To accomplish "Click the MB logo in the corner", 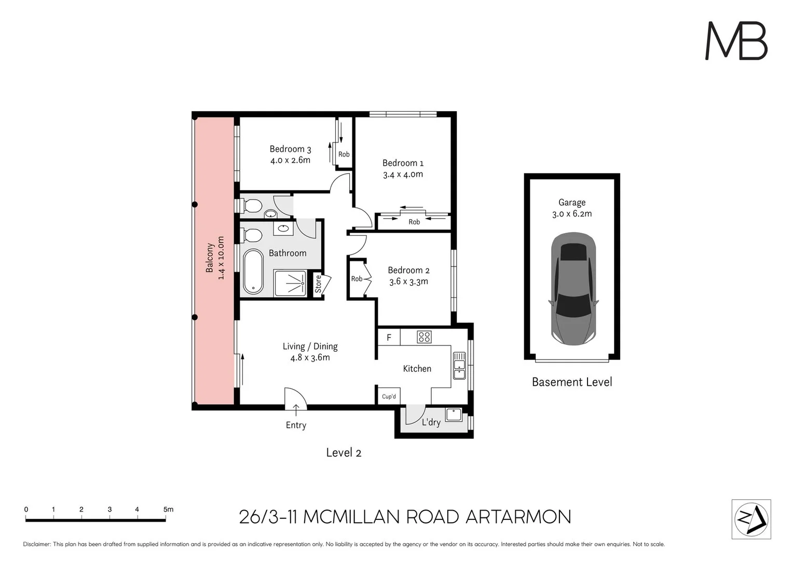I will (736, 41).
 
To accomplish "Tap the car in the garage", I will (573, 289).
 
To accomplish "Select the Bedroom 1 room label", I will (403, 163).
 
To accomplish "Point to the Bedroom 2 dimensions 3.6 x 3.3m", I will (408, 282).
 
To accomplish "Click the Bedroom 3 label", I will (290, 149).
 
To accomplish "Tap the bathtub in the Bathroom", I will (253, 272).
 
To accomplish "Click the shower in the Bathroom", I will (290, 284).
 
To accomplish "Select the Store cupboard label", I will (318, 284).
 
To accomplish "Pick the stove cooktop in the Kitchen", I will (424, 337).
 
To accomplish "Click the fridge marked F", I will (389, 338).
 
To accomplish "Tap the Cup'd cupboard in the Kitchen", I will (389, 396).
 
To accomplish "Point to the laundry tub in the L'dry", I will (454, 415).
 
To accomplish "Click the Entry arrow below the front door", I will (296, 410).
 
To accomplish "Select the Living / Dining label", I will (310, 346).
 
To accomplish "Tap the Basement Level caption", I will (572, 382).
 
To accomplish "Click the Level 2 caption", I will (343, 453).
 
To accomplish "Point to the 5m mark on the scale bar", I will (168, 510).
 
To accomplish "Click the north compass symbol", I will (751, 519).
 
